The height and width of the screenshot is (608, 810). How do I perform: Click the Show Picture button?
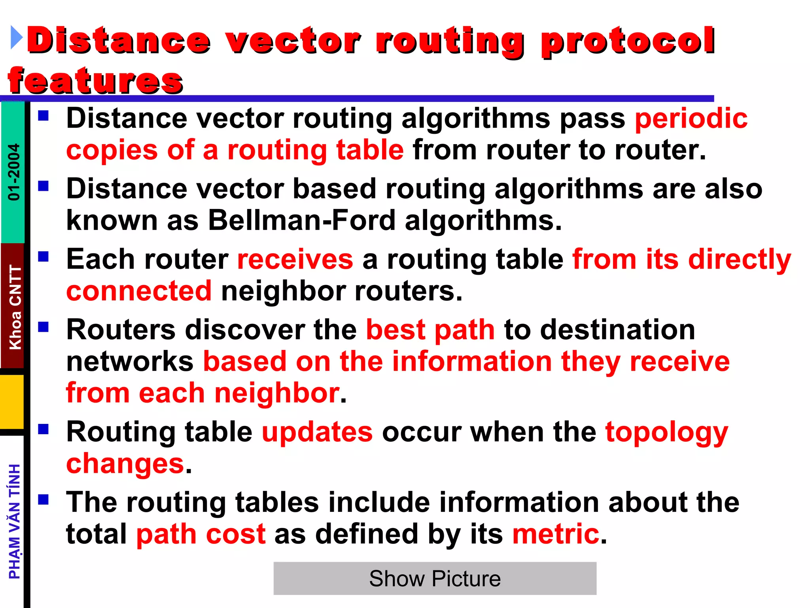coord(435,578)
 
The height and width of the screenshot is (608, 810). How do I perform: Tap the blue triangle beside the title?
coord(16,38)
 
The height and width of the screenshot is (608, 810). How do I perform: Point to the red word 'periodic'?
coord(691,118)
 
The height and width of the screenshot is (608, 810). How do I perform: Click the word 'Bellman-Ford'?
coord(301,220)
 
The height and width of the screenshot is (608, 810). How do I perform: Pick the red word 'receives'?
coord(295,259)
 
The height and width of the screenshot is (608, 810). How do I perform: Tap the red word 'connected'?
coord(139,291)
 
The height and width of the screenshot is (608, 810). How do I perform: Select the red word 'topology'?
coord(667,432)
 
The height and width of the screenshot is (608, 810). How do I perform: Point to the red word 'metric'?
coord(556,534)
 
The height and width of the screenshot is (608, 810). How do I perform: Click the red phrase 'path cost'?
coord(201,534)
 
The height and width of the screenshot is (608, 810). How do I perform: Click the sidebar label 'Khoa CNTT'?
coord(15,307)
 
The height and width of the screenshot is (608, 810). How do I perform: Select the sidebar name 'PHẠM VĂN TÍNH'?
coord(15,521)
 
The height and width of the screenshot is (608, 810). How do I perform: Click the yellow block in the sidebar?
coord(12,401)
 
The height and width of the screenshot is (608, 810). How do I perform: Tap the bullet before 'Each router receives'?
coord(44,257)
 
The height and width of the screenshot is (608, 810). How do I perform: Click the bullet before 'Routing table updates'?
coord(44,429)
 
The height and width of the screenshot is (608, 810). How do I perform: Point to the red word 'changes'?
coord(125,464)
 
